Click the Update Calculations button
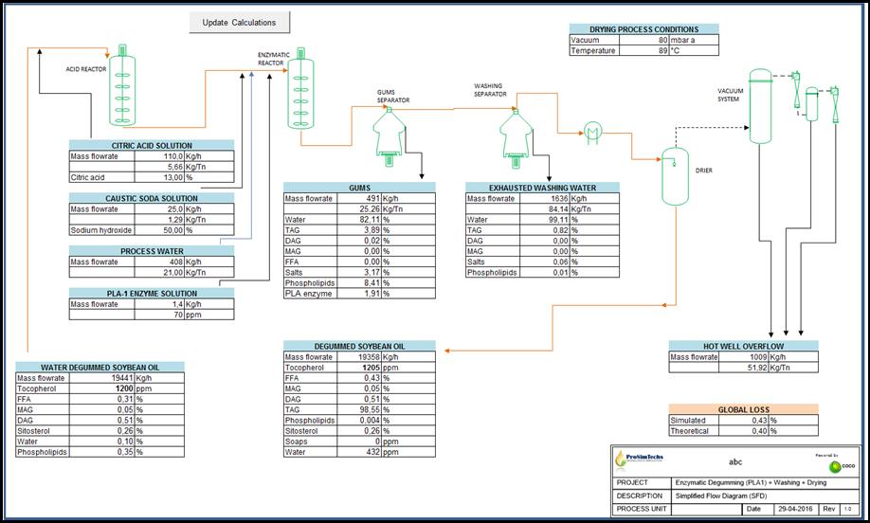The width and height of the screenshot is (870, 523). click(x=240, y=23)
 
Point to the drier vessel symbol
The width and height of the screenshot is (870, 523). click(x=674, y=176)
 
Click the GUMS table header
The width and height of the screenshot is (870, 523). click(x=359, y=188)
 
